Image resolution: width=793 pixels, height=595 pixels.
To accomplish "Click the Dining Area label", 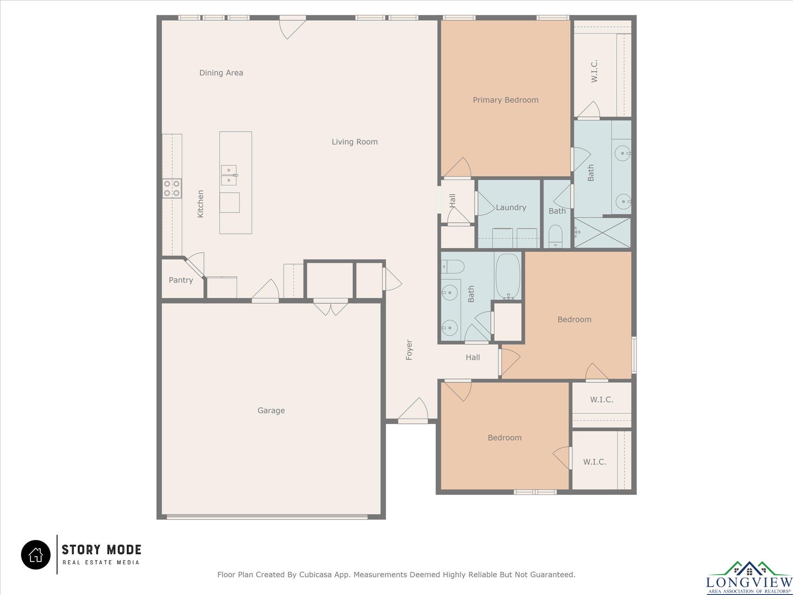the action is (221, 73).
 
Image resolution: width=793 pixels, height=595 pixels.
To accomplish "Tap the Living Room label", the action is (355, 142).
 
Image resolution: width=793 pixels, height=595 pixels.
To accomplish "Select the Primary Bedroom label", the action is (506, 100).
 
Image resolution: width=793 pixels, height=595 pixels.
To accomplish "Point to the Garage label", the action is (271, 411).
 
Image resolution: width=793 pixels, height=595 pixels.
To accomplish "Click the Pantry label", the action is (181, 280).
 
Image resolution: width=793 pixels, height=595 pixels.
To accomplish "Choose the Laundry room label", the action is (511, 208).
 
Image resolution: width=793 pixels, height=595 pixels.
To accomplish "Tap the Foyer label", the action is (409, 350).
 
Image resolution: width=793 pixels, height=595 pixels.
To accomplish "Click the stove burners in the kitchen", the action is (172, 188).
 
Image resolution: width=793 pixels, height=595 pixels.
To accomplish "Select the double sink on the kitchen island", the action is (229, 175).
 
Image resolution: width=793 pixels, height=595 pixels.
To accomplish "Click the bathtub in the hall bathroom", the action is (508, 276).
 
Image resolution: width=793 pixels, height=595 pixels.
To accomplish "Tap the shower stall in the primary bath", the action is (602, 232).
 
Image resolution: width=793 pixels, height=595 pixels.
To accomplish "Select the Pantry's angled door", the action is (195, 266).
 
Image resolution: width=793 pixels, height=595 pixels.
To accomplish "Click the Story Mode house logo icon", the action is (36, 555).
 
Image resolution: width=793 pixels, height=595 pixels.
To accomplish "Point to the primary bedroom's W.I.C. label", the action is (594, 71).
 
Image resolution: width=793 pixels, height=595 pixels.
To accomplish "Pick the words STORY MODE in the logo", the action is (102, 550).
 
